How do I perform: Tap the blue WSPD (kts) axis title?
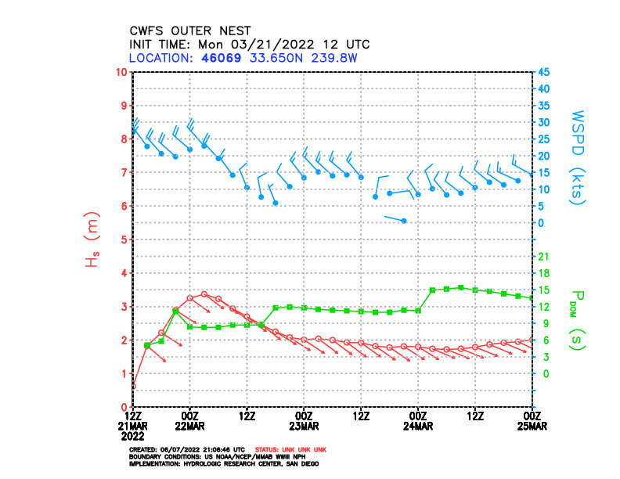[578, 157]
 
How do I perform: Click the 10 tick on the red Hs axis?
[122, 72]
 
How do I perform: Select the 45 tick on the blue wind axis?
[543, 72]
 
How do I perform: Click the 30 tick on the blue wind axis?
[543, 122]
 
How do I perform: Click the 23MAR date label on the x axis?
[304, 426]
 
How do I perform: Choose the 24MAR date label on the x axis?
[418, 426]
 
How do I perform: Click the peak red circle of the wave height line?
[204, 294]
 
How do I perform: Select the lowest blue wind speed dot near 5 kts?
[404, 221]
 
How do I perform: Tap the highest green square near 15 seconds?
[461, 287]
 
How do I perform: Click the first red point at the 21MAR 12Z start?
[134, 386]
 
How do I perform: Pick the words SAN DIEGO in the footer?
[298, 463]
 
